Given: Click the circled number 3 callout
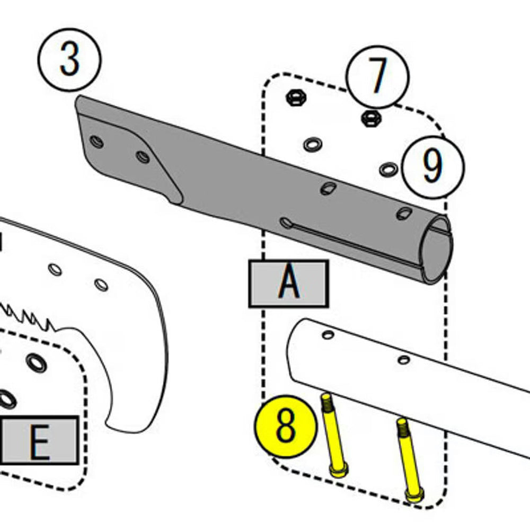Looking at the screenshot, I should click(69, 60).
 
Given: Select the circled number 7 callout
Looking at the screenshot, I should click(377, 77).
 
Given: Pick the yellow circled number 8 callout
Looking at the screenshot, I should click(286, 427).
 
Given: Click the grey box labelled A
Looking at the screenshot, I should click(288, 284).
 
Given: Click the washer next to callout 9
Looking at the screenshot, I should click(388, 170).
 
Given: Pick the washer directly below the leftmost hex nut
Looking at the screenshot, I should click(313, 144).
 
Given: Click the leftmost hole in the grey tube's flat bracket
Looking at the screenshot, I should click(96, 142).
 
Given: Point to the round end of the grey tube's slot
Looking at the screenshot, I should click(286, 223).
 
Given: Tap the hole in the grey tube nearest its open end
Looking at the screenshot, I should click(404, 213).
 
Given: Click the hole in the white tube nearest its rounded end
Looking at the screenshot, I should click(328, 334).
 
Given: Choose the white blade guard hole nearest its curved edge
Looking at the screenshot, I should click(101, 285).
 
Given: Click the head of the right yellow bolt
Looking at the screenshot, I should click(414, 495).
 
